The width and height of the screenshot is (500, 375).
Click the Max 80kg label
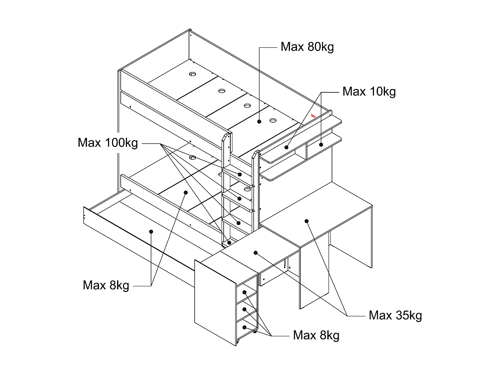click(307, 47)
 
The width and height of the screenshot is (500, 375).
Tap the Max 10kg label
click(369, 92)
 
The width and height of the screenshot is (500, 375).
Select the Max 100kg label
click(108, 143)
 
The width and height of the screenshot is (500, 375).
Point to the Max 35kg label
click(395, 315)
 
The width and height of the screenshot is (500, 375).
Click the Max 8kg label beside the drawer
click(106, 286)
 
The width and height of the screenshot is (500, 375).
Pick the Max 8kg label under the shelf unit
click(316, 335)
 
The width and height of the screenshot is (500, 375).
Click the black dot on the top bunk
click(259, 122)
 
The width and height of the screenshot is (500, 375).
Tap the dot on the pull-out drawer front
click(151, 231)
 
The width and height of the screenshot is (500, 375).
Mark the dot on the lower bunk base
click(186, 192)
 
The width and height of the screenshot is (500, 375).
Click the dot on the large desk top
click(307, 221)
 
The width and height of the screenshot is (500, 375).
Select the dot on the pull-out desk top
click(256, 253)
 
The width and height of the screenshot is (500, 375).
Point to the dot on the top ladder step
click(240, 174)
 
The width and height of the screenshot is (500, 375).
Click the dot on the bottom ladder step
click(229, 243)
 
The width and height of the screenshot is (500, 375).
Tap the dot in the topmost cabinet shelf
click(244, 292)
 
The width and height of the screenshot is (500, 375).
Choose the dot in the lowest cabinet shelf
click(244, 327)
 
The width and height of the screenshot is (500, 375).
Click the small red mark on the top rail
click(313, 116)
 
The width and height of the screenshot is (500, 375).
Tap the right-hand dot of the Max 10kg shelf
click(321, 144)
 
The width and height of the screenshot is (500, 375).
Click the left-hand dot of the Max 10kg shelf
click(286, 147)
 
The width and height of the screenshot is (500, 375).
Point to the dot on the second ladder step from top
click(239, 199)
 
